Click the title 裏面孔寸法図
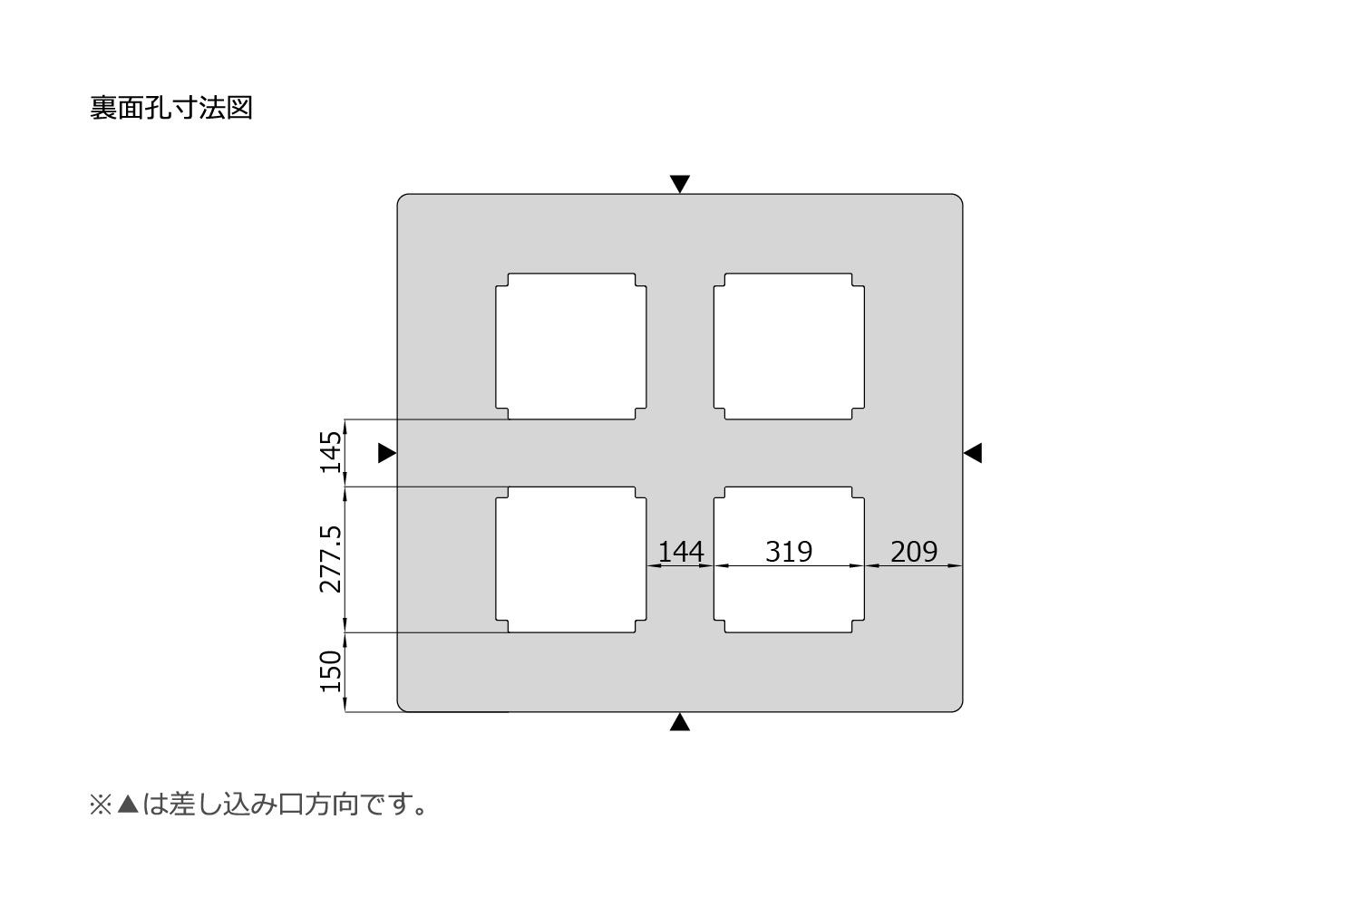pos(171,108)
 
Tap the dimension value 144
pos(681,551)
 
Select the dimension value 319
pos(789,551)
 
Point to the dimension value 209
pos(914,551)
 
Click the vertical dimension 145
pos(331,452)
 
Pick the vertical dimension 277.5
pos(331,559)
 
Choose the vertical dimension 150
pos(331,671)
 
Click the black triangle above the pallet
pos(680,183)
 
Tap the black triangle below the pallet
pos(680,721)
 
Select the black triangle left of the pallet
pos(387,453)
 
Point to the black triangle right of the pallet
pos(973,453)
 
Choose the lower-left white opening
pos(571,560)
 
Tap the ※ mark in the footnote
pos(101,805)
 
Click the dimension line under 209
pos(914,565)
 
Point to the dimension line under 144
pos(681,565)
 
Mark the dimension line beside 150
pos(345,672)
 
